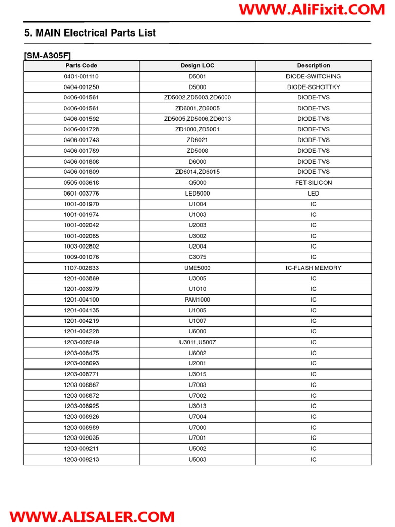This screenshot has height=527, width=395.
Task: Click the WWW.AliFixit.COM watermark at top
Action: click(312, 9)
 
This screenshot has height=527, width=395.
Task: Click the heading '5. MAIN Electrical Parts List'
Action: click(90, 33)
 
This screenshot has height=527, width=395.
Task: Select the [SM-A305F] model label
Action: click(51, 55)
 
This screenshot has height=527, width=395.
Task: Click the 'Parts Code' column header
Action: click(81, 66)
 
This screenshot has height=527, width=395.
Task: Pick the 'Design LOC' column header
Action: click(197, 66)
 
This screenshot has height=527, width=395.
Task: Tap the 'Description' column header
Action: click(313, 66)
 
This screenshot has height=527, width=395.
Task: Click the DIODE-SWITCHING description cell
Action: click(313, 76)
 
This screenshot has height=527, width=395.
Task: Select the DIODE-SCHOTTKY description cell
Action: click(313, 87)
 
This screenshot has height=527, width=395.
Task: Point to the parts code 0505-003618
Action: click(81, 183)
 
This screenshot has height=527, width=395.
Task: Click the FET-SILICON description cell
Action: click(313, 183)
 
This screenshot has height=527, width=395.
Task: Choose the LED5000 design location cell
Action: click(197, 194)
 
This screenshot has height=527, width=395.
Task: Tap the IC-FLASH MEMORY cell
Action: click(313, 268)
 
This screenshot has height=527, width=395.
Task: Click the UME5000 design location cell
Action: click(197, 268)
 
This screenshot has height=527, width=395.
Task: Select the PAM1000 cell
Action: click(197, 300)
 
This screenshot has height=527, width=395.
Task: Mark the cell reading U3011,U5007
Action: click(197, 342)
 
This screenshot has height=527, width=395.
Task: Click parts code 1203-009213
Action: click(81, 459)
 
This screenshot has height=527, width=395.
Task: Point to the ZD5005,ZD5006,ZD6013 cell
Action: click(197, 119)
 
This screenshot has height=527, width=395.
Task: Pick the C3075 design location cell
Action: click(197, 257)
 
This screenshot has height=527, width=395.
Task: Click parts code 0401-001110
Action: click(81, 76)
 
